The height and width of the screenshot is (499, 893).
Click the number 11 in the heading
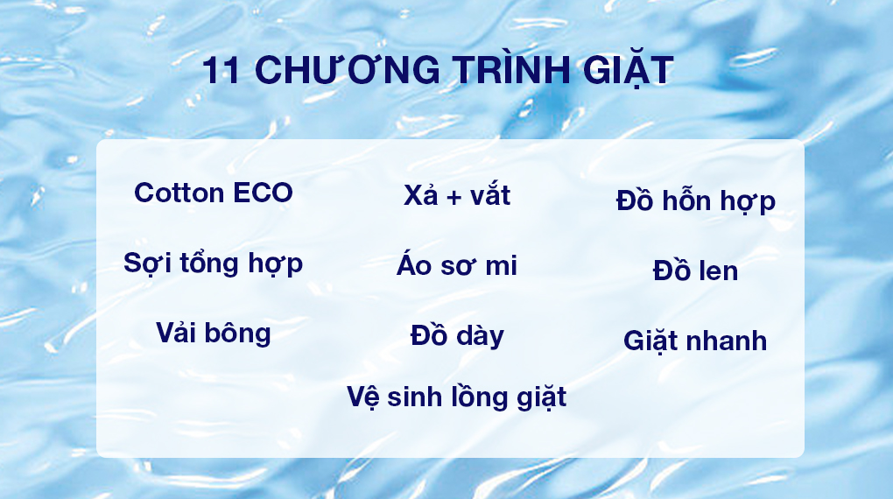[x=220, y=71]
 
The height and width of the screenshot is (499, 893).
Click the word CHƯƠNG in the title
[x=344, y=71]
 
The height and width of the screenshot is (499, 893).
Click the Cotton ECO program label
[x=214, y=193]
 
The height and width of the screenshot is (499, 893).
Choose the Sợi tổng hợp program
[x=214, y=263]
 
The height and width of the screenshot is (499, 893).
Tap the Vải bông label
[x=214, y=333]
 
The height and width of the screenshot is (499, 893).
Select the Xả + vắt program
[x=457, y=195]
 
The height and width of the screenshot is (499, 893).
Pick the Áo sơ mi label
[x=457, y=266]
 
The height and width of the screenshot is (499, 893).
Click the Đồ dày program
[x=457, y=335]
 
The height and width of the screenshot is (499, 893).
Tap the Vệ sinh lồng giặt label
[x=457, y=397]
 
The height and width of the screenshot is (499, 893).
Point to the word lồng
[x=478, y=397]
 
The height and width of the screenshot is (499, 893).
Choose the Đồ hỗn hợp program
[x=696, y=201]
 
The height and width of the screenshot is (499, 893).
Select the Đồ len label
[x=696, y=271]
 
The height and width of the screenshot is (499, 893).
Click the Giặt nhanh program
[x=696, y=341]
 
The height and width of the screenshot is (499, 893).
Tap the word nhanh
[x=725, y=341]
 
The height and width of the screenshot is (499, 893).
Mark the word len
[x=718, y=271]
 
